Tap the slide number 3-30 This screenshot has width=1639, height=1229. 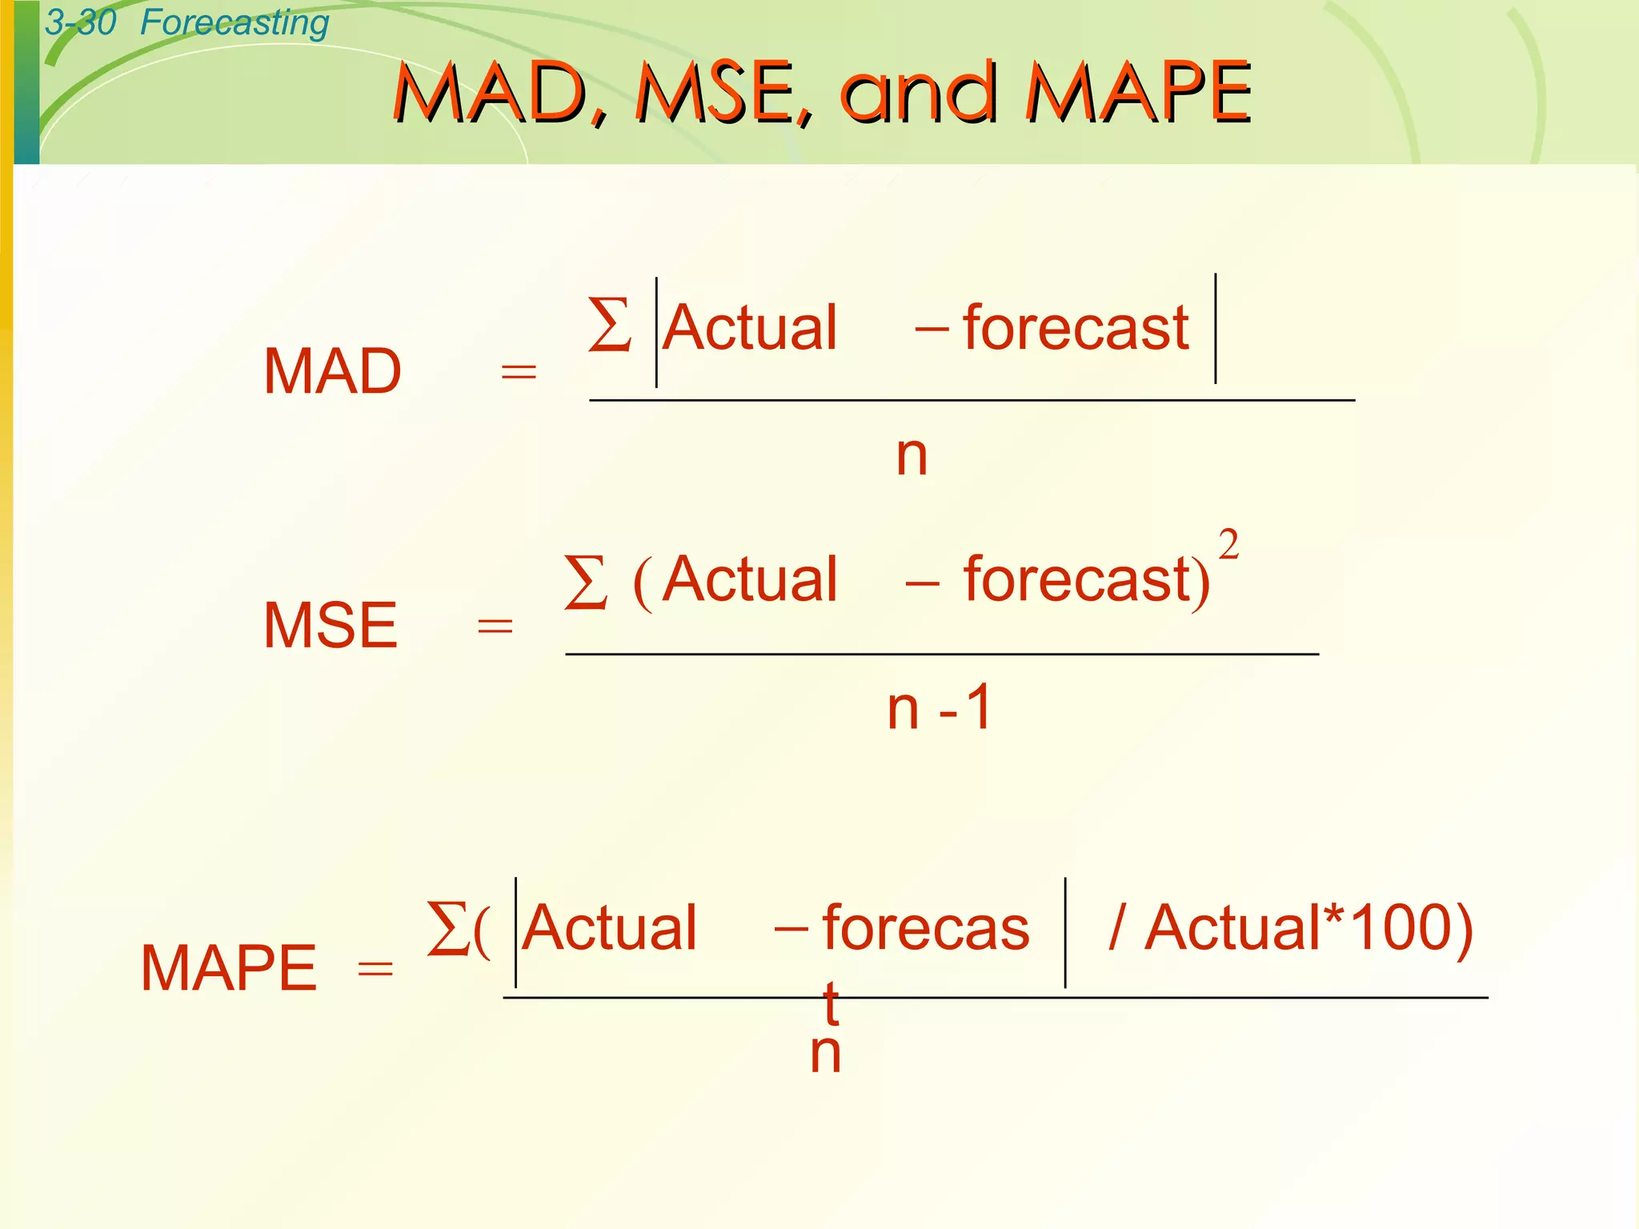coord(80,22)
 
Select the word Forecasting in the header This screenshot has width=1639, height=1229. coord(234,22)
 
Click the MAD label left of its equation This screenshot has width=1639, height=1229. coord(332,372)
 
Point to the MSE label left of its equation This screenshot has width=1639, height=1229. coord(331,626)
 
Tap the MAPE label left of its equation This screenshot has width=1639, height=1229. coord(229,968)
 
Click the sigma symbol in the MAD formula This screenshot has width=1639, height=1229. coord(609,325)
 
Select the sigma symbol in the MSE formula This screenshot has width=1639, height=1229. coord(585,582)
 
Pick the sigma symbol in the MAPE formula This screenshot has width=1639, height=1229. coord(447,928)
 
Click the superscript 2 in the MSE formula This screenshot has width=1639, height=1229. coord(1228,546)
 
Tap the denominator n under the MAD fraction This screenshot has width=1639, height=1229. coord(912,455)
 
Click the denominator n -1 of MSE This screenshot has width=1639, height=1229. coord(940,708)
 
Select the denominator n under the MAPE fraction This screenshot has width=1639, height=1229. coord(825,1053)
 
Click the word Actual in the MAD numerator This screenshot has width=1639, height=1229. coord(750,328)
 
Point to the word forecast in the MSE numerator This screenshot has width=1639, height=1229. coord(1077,579)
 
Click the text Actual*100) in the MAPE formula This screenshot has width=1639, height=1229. coord(1308,928)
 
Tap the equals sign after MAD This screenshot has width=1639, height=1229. coord(518,372)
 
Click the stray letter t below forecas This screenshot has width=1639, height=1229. coord(832,1003)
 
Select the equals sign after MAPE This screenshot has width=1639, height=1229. coord(375,970)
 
